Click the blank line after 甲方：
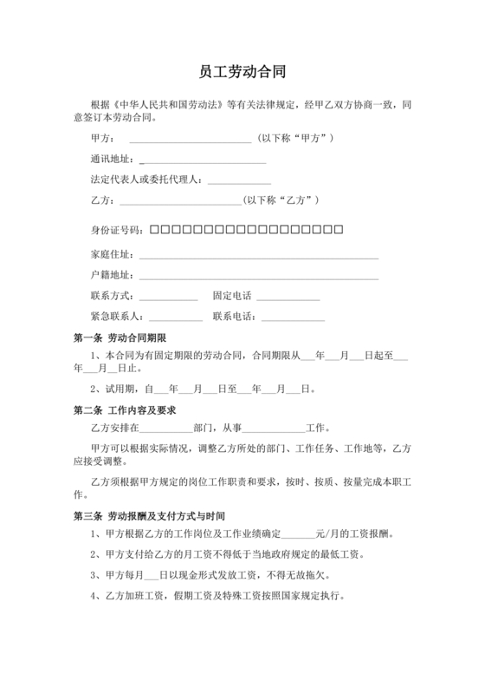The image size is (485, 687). point(190,140)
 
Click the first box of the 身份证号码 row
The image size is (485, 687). point(154,230)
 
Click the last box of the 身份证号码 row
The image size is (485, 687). point(339,230)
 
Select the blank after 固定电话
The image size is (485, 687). point(289,298)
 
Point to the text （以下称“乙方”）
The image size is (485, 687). point(282,200)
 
